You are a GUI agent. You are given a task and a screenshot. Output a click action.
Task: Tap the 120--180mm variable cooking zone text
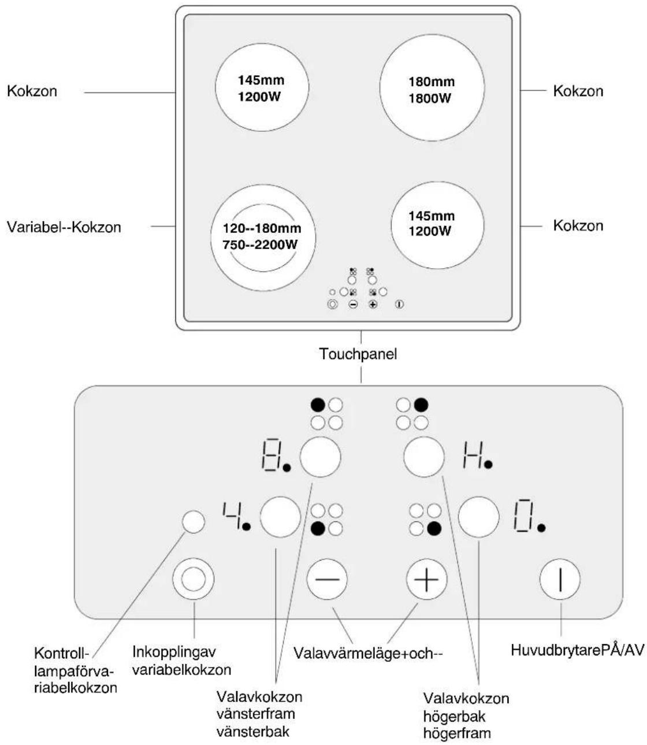(262, 228)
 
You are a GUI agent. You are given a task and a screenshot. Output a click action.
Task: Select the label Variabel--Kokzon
(64, 227)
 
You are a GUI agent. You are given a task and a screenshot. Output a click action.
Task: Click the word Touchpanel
(358, 354)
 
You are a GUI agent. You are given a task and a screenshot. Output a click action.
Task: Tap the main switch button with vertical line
(560, 579)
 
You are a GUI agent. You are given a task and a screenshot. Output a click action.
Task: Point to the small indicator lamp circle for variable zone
(193, 521)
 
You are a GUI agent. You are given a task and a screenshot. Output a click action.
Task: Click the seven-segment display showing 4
(236, 516)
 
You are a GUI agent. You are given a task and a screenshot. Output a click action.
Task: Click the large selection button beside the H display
(424, 457)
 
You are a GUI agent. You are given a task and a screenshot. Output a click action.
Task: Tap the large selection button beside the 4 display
(280, 517)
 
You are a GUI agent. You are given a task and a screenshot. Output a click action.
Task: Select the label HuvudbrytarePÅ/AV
(578, 650)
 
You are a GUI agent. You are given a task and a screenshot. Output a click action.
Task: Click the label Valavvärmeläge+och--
(368, 654)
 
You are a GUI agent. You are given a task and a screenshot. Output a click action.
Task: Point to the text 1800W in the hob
(430, 98)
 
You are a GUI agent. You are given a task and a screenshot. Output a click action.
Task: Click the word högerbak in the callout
(454, 717)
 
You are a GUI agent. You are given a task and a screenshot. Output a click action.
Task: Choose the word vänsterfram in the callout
(256, 714)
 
